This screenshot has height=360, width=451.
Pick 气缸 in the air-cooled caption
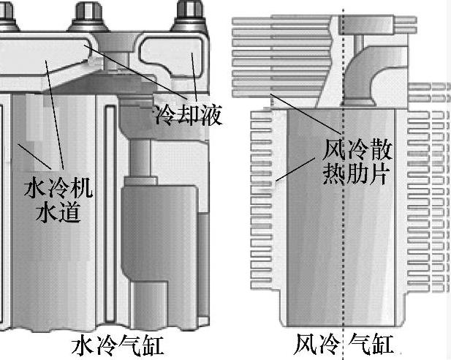click(372, 344)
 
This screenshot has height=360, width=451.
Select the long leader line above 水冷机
click(53, 110)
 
